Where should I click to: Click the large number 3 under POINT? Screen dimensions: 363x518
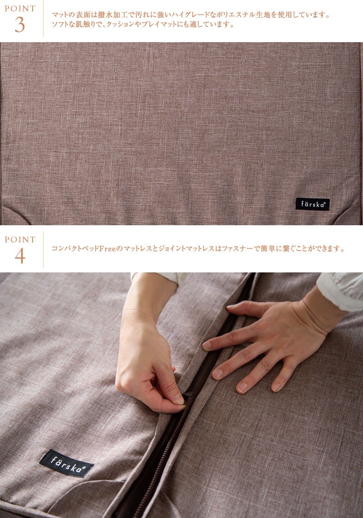click(x=20, y=24)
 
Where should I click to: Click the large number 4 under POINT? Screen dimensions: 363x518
click(x=20, y=256)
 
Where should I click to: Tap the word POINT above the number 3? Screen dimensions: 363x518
click(x=20, y=9)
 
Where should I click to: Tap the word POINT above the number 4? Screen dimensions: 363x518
click(x=20, y=239)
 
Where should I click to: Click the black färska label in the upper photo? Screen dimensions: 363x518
click(x=312, y=204)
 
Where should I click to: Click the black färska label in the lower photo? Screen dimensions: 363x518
click(x=67, y=463)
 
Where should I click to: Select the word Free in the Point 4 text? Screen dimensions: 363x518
click(x=107, y=248)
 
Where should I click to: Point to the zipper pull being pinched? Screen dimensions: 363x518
click(x=187, y=395)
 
